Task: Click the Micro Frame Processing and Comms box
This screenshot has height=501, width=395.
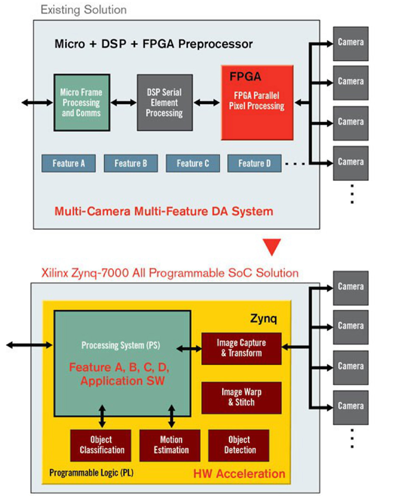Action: click(x=81, y=103)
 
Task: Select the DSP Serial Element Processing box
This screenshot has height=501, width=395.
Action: click(x=165, y=103)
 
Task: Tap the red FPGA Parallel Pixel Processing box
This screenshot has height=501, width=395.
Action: click(x=257, y=103)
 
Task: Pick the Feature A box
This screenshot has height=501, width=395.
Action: click(x=68, y=163)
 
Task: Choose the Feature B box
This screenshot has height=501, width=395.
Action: click(x=131, y=163)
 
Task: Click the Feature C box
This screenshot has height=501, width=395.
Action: click(x=193, y=163)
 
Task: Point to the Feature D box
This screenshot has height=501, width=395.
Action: click(x=254, y=163)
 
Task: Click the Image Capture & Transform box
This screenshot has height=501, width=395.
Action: click(x=241, y=348)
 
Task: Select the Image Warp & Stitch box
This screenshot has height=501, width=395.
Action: click(x=241, y=397)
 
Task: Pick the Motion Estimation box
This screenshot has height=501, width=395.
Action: click(x=171, y=445)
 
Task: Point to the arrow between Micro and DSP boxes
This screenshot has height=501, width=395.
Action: click(x=123, y=102)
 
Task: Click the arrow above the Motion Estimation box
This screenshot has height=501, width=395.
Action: click(x=171, y=417)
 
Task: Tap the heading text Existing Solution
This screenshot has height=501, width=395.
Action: click(x=83, y=9)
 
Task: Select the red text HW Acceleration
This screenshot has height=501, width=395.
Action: click(x=239, y=473)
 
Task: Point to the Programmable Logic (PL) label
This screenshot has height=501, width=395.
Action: click(x=91, y=473)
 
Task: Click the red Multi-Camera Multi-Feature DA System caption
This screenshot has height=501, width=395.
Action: click(x=163, y=211)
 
